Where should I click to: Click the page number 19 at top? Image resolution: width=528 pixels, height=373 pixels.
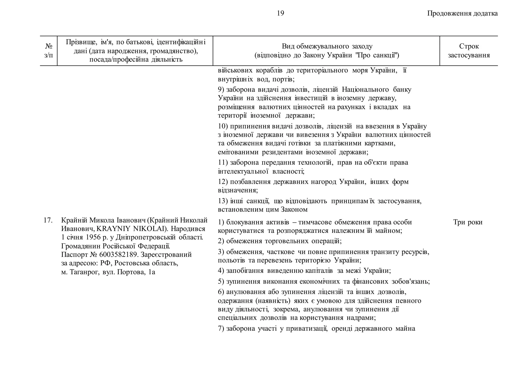click(280, 13)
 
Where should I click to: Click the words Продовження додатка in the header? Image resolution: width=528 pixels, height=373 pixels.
click(462, 13)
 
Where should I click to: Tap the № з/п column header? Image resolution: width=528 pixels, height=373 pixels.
click(48, 51)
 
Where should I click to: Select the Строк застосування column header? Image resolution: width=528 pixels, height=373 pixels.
click(468, 51)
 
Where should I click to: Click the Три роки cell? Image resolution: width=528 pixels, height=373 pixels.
click(467, 222)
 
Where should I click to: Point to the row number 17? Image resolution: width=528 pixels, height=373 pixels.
click(48, 220)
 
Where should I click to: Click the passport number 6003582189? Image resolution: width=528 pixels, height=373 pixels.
click(118, 255)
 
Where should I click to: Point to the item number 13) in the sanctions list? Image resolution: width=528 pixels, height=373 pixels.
click(223, 201)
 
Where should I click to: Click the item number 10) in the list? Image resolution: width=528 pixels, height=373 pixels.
click(223, 126)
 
